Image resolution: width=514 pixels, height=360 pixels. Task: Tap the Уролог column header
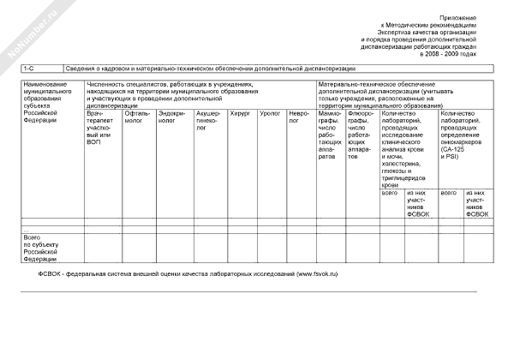(270, 112)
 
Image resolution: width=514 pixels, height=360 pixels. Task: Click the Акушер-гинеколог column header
(208, 121)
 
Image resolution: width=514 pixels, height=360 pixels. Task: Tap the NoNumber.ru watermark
(26, 34)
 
